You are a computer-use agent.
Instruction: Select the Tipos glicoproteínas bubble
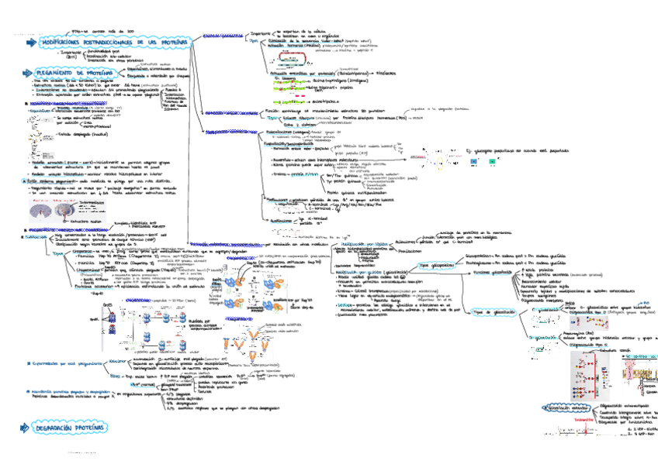click(x=414, y=265)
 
